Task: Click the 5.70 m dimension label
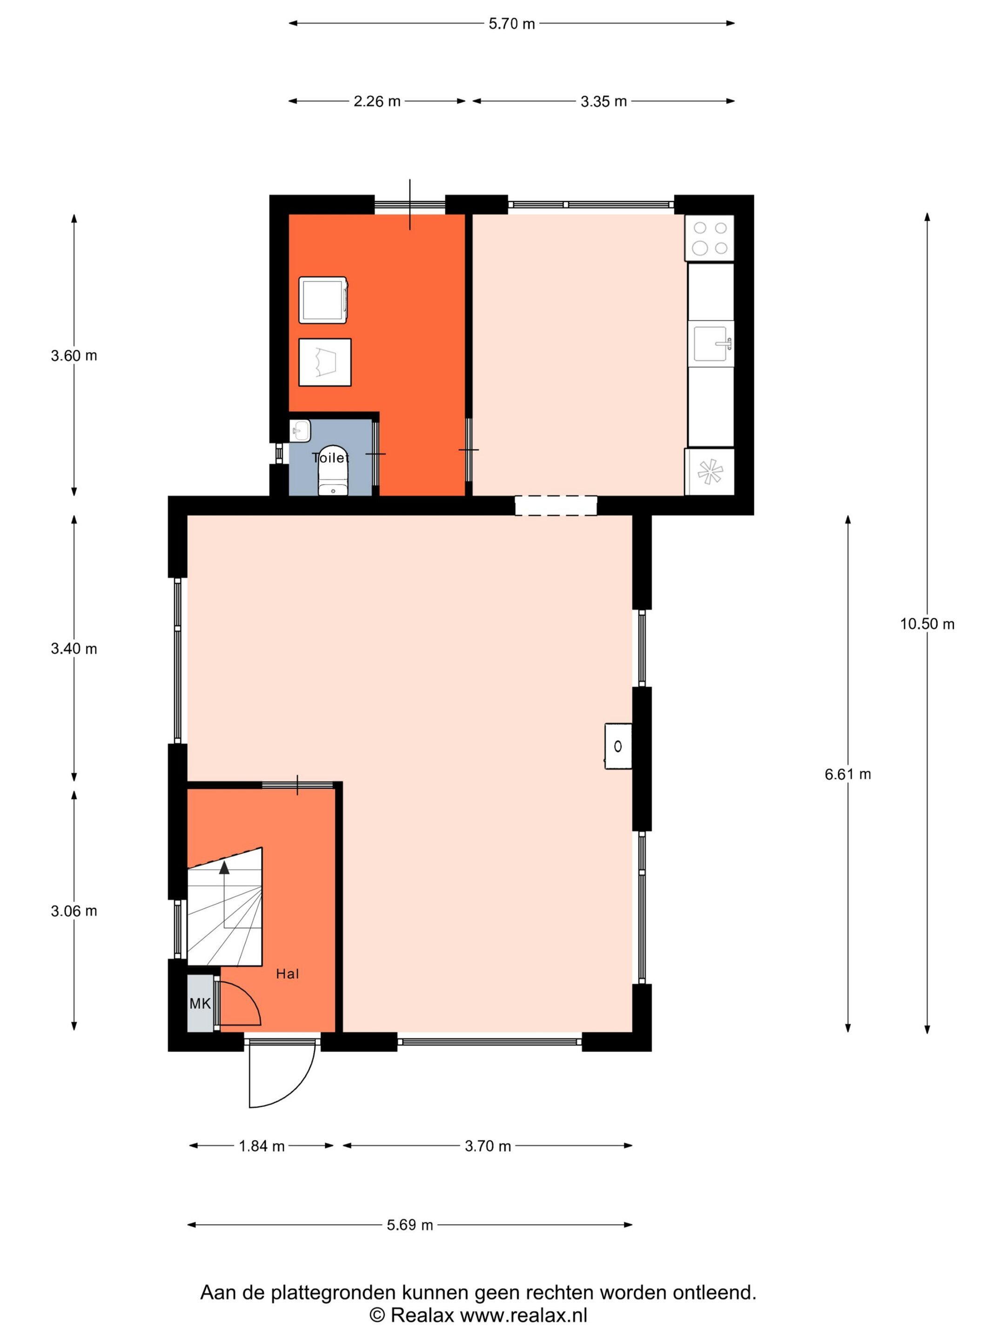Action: (x=512, y=24)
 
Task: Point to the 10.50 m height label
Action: (x=927, y=623)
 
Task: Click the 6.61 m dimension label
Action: (x=847, y=774)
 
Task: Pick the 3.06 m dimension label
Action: (x=74, y=911)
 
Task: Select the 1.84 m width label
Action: (x=261, y=1146)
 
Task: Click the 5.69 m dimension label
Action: (x=410, y=1225)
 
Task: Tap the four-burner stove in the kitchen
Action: (x=710, y=238)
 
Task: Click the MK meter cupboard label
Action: (x=200, y=1004)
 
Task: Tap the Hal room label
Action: (x=288, y=974)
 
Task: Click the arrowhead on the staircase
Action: (x=225, y=867)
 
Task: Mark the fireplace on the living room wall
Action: (x=618, y=746)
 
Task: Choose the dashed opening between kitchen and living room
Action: (x=556, y=506)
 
